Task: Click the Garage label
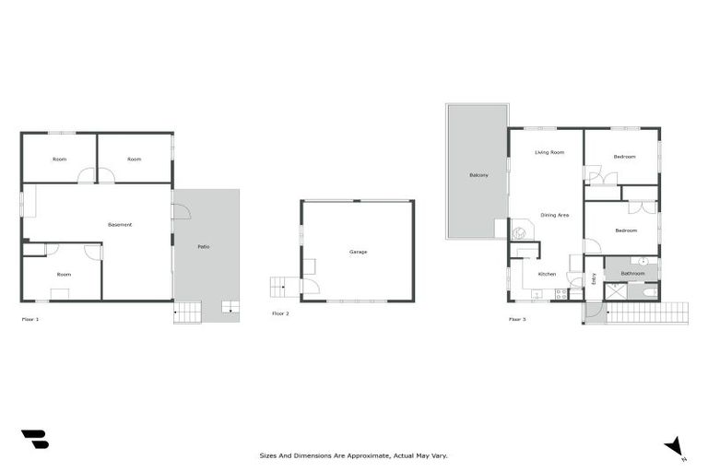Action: pyautogui.click(x=358, y=252)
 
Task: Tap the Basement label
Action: pyautogui.click(x=120, y=225)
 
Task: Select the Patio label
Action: pyautogui.click(x=203, y=247)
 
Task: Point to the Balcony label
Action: pyautogui.click(x=478, y=175)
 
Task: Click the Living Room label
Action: pyautogui.click(x=549, y=152)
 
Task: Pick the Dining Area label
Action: pyautogui.click(x=554, y=215)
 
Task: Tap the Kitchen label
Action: pyautogui.click(x=547, y=274)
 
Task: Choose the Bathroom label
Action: pyautogui.click(x=632, y=273)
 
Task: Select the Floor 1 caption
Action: pyautogui.click(x=30, y=319)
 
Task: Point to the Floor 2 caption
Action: pyautogui.click(x=280, y=314)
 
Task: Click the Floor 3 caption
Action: pyautogui.click(x=518, y=319)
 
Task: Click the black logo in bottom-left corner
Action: pyautogui.click(x=35, y=440)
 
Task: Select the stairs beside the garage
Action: pyautogui.click(x=280, y=286)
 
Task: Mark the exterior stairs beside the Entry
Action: pyautogui.click(x=645, y=313)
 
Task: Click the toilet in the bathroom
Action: pyautogui.click(x=650, y=293)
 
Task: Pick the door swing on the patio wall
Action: pyautogui.click(x=181, y=211)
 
